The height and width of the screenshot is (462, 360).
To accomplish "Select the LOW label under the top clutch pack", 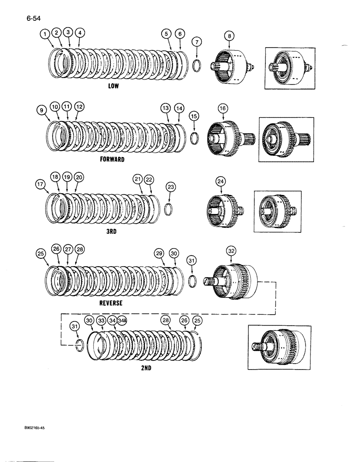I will pos(114,86).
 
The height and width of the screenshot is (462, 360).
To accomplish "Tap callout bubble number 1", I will pos(45,33).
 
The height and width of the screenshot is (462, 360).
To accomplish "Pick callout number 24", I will pos(221,182).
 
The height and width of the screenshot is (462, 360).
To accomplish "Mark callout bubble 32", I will pos(231,251).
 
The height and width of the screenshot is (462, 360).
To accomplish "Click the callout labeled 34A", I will pos(122,320).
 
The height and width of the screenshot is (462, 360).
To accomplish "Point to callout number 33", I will pos(101,320).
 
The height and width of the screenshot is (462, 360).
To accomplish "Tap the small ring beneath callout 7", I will pos(196,64).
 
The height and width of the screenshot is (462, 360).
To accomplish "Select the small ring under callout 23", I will pos(169,209).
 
